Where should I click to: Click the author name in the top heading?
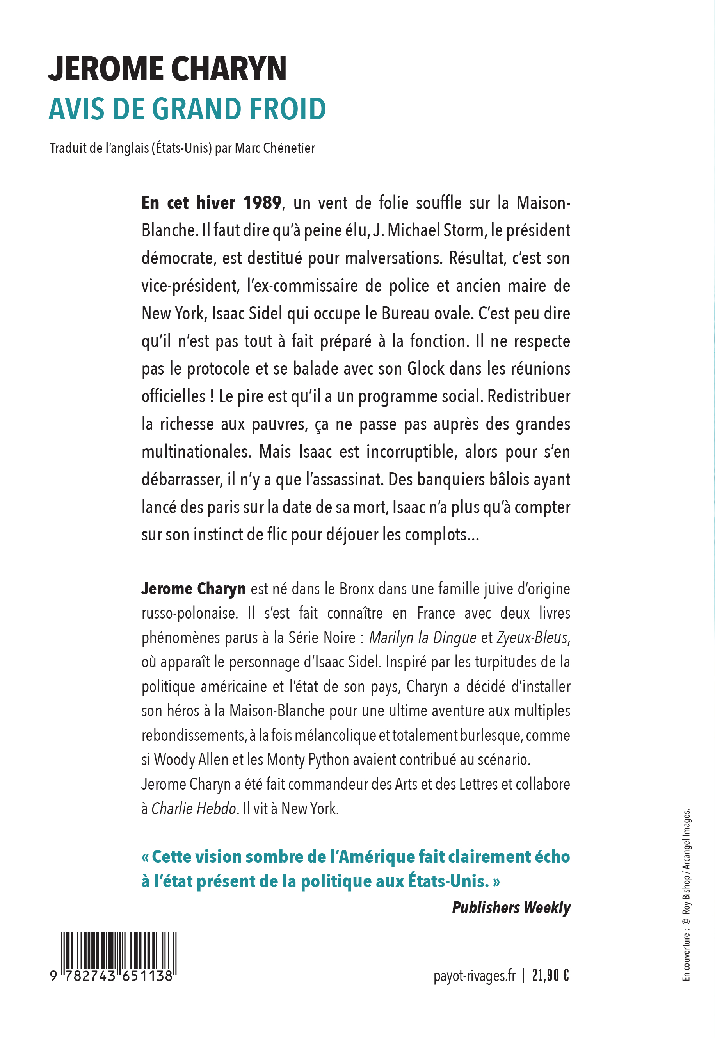coord(167,69)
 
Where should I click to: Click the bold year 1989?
coord(262,203)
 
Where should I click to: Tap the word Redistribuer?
coord(528,397)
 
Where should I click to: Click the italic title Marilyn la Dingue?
coord(422,637)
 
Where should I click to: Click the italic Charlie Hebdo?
coord(194,808)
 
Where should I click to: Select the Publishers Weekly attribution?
coord(511,907)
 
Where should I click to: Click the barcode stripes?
coord(119,950)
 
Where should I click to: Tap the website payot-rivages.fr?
coord(475,975)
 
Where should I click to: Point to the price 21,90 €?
coord(551,975)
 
